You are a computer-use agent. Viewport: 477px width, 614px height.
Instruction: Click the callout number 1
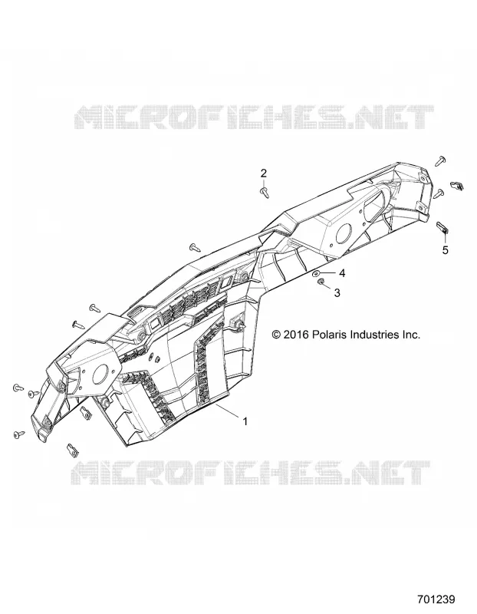pos(245,421)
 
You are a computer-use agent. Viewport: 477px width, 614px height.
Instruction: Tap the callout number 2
pos(264,173)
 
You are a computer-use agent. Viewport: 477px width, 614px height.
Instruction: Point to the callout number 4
pos(342,273)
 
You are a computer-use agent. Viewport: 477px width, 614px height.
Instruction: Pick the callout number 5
pos(446,250)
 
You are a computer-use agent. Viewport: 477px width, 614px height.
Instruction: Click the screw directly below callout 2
pos(265,192)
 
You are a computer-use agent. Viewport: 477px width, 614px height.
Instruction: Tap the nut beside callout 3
pos(321,282)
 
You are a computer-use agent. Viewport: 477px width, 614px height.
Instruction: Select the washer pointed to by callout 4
pos(317,273)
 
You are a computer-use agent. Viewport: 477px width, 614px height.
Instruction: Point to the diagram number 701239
pos(436,599)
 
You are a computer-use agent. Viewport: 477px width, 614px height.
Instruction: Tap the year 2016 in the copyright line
pos(296,335)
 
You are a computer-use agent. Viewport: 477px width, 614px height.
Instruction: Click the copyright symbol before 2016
pos(276,335)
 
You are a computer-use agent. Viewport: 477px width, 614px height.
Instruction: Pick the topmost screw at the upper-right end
pos(441,160)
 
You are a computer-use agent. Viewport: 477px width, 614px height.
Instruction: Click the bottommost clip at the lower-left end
pos(73,450)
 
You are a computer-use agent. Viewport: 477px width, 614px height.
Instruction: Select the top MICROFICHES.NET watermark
pos(254,117)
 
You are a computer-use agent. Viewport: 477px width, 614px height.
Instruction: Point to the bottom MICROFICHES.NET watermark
pos(252,473)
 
